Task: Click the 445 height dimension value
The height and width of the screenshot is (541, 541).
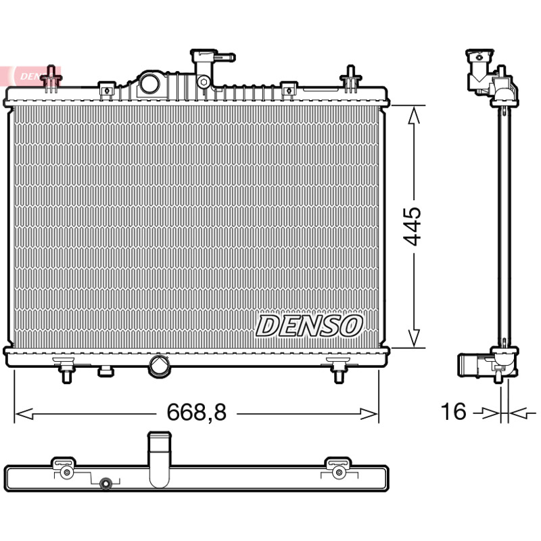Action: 413,227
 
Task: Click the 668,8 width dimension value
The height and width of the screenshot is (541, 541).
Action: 196,412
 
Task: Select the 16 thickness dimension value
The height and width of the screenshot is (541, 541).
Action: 453,411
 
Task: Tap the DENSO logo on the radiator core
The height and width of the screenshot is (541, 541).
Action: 309,326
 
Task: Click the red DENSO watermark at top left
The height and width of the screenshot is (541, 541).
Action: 30,76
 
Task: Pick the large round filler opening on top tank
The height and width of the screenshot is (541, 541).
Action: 149,84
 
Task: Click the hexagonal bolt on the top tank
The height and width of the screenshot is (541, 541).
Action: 202,82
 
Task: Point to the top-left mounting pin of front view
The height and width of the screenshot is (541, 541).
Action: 51,79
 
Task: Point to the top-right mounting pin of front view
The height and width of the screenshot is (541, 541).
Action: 350,79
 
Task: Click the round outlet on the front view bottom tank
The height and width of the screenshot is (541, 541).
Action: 159,365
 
